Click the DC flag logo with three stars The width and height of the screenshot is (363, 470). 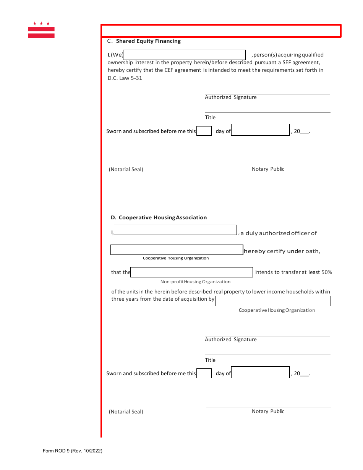pyautogui.click(x=41, y=30)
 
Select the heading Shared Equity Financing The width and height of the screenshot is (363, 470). pyautogui.click(x=148, y=41)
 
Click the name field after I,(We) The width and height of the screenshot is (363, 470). pyautogui.click(x=185, y=55)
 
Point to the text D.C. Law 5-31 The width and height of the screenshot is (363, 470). pyautogui.click(x=125, y=78)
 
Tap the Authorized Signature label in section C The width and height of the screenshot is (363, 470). pyautogui.click(x=231, y=97)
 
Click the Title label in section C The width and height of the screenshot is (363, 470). pyautogui.click(x=210, y=117)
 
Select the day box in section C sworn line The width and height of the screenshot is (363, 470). pyautogui.click(x=204, y=131)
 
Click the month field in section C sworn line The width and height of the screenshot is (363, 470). pyautogui.click(x=261, y=130)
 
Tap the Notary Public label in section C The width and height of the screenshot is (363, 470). pyautogui.click(x=268, y=169)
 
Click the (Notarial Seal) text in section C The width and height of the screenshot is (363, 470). pyautogui.click(x=126, y=169)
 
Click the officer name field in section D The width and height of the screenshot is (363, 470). pyautogui.click(x=175, y=230)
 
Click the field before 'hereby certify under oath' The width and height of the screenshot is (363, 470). pyautogui.click(x=177, y=250)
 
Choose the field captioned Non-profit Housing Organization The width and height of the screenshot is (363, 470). pyautogui.click(x=191, y=272)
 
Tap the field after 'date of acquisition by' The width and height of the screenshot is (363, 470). pyautogui.click(x=273, y=301)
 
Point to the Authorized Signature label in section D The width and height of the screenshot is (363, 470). pyautogui.click(x=231, y=339)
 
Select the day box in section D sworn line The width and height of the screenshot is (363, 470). pyautogui.click(x=204, y=373)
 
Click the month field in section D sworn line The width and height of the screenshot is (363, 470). pyautogui.click(x=261, y=372)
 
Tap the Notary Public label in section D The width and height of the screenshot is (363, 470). pyautogui.click(x=268, y=411)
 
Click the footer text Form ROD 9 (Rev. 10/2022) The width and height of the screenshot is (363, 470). pyautogui.click(x=73, y=451)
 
